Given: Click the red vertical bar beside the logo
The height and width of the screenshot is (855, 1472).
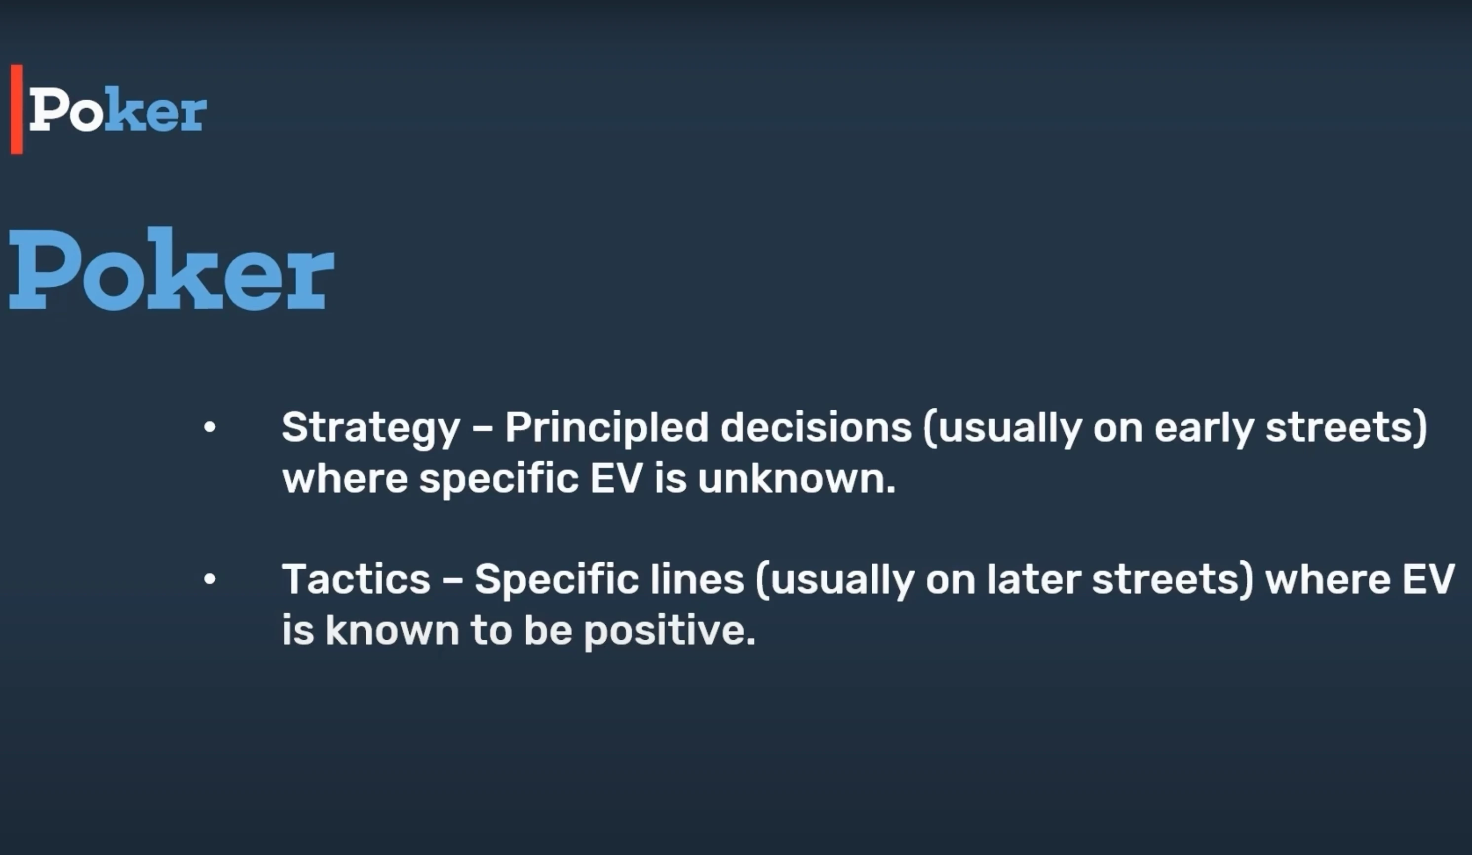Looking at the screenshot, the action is coord(17,109).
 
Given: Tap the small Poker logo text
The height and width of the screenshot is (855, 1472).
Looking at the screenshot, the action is coord(117,109).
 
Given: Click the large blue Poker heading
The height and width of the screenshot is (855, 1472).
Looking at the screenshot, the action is coord(172,269).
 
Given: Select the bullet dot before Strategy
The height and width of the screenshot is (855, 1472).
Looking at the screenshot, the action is coord(210,427).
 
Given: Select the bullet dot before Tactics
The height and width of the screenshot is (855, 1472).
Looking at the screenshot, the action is coord(210,580).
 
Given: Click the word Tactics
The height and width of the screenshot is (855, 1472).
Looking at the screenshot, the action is coord(356,580).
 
